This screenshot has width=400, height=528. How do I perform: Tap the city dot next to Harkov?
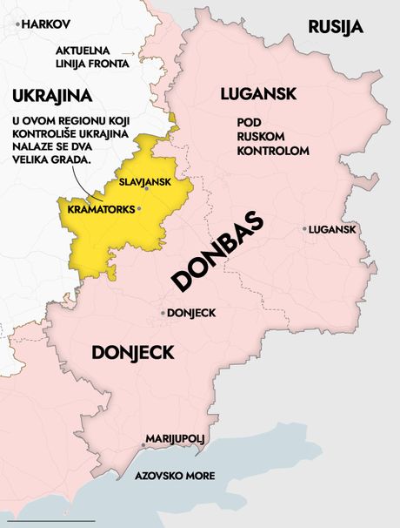(x=18, y=24)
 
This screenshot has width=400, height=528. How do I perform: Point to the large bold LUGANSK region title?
(x=258, y=93)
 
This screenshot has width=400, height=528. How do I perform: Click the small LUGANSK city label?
(x=333, y=229)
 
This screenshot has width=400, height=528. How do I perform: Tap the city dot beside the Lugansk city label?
(x=305, y=229)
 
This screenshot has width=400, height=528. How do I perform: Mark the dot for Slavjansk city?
(x=146, y=188)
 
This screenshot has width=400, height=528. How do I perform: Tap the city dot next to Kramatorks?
(x=137, y=210)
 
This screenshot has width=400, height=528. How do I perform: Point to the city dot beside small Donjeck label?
(x=163, y=312)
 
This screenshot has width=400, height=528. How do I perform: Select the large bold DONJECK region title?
(x=133, y=353)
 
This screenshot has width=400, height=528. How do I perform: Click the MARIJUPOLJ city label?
(x=174, y=439)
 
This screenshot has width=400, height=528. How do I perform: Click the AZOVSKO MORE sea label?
(x=174, y=477)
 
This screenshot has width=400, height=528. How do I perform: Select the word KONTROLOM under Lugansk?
(x=273, y=151)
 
